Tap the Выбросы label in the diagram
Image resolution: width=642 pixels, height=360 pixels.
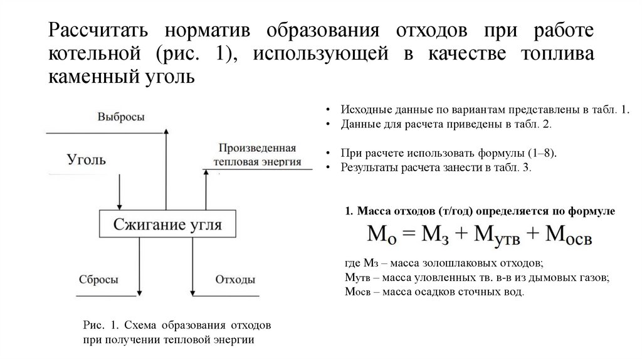pos(122,117)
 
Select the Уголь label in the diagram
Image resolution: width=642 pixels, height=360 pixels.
pos(87,159)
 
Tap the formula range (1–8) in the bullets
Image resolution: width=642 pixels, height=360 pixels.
pos(536,153)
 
